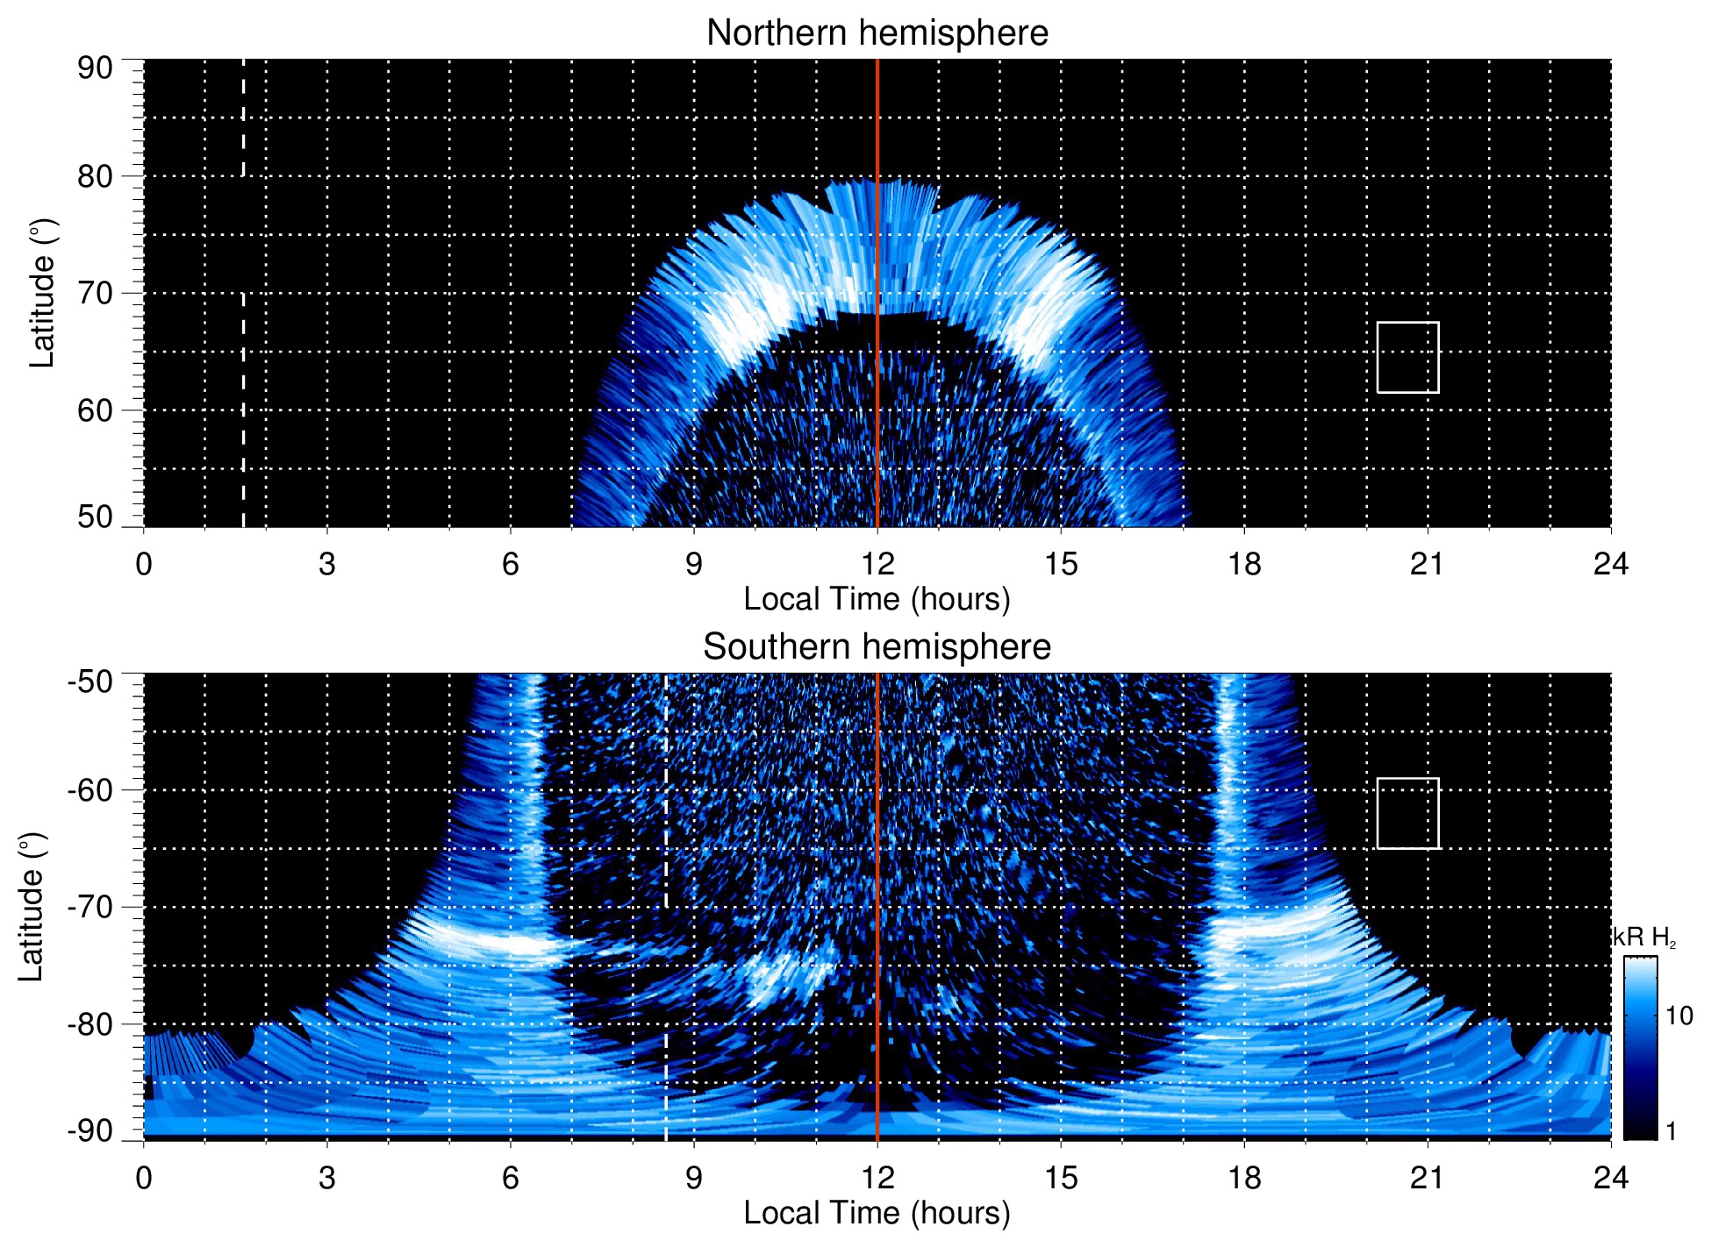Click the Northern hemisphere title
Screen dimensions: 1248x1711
coord(877,33)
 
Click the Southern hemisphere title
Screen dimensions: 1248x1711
coord(877,647)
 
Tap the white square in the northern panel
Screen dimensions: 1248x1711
coord(1407,357)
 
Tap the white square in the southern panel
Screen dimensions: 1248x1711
coord(1407,813)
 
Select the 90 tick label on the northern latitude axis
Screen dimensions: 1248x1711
coord(95,68)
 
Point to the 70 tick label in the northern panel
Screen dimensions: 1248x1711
coord(95,293)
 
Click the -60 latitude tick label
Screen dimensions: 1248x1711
coord(90,790)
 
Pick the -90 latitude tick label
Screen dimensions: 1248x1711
coord(90,1131)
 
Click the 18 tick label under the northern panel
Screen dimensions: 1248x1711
coord(1244,564)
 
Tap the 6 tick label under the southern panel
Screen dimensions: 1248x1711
coord(511,1178)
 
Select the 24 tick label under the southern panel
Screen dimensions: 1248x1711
coord(1610,1178)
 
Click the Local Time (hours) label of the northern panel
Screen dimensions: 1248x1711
coord(877,599)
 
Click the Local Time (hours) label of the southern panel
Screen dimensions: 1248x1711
coord(877,1213)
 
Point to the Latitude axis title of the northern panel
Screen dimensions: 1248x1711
coord(42,293)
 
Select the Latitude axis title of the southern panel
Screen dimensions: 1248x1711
coord(32,907)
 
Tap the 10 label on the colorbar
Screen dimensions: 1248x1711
coord(1679,1016)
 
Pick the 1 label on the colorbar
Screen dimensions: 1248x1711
coord(1671,1131)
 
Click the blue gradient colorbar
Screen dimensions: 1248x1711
coord(1640,1048)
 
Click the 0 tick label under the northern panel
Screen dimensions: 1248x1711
coord(144,564)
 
